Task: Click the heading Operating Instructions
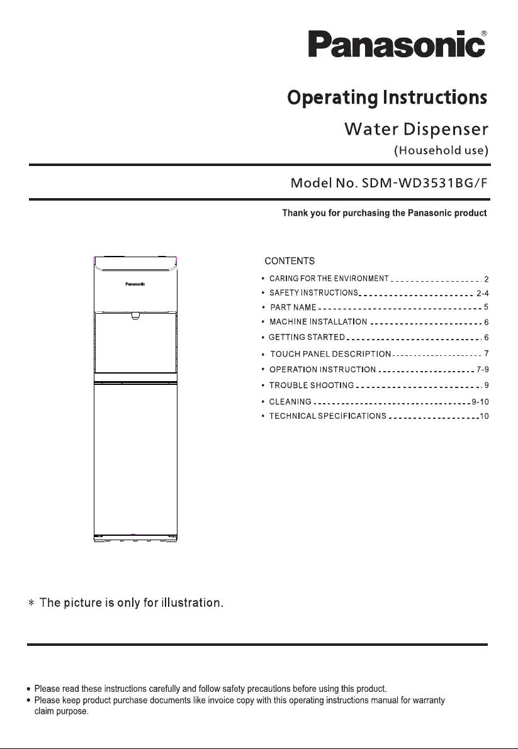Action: coord(386,99)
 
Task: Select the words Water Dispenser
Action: coord(416,130)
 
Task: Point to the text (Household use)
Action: coord(441,151)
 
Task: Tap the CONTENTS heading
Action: coord(290,261)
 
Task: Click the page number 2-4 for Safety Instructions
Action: coord(482,293)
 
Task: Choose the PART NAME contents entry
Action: coord(293,308)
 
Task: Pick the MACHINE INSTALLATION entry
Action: coord(318,323)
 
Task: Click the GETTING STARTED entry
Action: coord(307,338)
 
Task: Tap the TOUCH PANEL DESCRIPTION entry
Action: coord(330,355)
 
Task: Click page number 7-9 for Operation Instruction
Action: coord(482,369)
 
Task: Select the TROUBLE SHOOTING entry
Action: coord(311,386)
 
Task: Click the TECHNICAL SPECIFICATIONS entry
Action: coord(327,417)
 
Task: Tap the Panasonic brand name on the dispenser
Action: coord(135,284)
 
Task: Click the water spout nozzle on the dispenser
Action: coord(135,316)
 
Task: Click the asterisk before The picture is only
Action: coord(31,604)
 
